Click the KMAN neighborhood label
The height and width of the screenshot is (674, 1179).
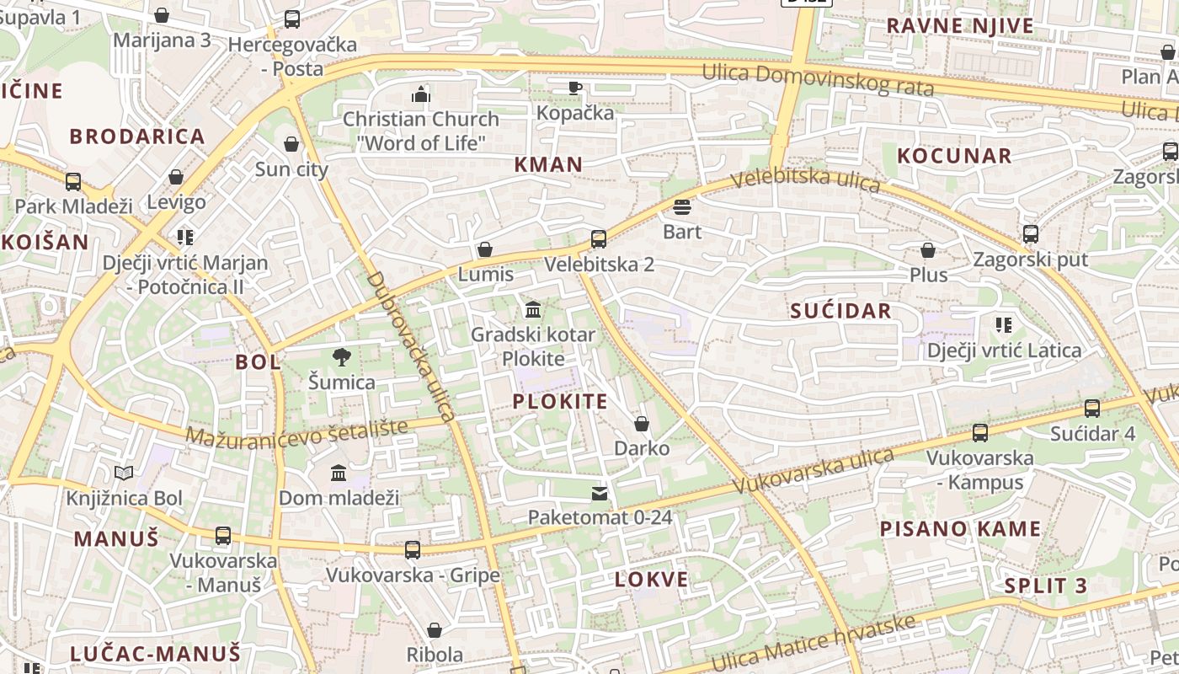point(548,164)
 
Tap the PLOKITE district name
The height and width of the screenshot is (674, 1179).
point(560,401)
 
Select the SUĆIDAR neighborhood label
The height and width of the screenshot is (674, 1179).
point(840,311)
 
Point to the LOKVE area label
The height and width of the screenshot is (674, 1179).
point(651,580)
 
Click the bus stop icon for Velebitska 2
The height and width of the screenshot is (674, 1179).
point(598,238)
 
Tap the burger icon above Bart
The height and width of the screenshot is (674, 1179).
point(681,206)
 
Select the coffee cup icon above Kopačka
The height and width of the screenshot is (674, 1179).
point(575,88)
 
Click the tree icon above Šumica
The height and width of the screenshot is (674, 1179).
point(341,357)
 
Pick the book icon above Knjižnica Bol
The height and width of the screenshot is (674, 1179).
point(124,473)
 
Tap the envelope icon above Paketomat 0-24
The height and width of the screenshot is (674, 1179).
point(599,493)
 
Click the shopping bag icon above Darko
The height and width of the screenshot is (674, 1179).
point(642,424)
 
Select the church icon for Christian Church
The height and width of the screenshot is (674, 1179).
point(420,94)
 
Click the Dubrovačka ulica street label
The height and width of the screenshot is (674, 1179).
point(412,345)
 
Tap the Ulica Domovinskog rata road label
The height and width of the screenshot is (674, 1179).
point(818,79)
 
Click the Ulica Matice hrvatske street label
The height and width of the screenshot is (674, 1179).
point(813,642)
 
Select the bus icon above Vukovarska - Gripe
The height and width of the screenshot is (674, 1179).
point(412,550)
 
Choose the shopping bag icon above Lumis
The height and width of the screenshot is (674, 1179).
point(485,249)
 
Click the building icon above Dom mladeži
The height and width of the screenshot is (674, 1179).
point(339,473)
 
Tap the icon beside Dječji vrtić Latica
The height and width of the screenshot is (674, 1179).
point(1003,325)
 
